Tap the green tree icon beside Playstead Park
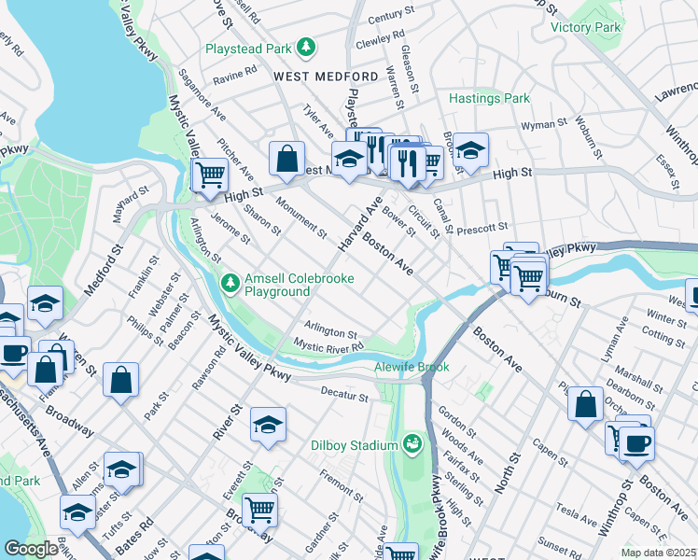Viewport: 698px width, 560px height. (305, 46)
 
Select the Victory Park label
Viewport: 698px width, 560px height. (585, 28)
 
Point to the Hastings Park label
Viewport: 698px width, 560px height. (489, 98)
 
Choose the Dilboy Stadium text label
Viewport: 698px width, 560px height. (354, 445)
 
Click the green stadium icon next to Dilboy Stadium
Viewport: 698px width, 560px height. (412, 443)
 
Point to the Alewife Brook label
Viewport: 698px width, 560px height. (412, 367)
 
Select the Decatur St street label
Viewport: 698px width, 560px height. (345, 395)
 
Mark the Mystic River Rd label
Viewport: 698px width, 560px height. (328, 347)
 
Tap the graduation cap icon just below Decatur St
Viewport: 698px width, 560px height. (267, 426)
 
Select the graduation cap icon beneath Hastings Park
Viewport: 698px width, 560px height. (471, 149)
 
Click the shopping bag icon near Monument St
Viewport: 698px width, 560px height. (287, 158)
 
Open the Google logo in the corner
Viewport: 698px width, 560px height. (31, 549)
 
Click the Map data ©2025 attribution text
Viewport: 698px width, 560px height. (658, 553)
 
